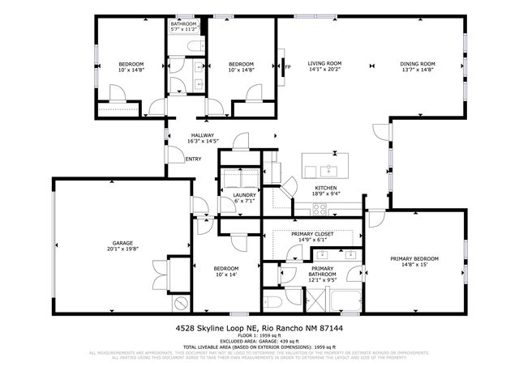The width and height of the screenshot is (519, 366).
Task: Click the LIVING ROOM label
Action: pyautogui.click(x=324, y=63)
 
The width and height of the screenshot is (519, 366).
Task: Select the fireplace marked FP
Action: pyautogui.click(x=285, y=68)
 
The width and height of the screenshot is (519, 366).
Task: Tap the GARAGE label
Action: pyautogui.click(x=122, y=243)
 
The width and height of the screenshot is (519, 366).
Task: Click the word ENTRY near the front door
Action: pyautogui.click(x=193, y=159)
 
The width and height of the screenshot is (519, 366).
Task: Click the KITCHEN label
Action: pyautogui.click(x=326, y=188)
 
